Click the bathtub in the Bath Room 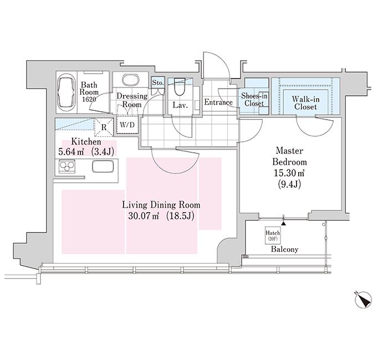[x=67, y=93]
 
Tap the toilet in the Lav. [x=180, y=86]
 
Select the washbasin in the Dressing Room [x=131, y=80]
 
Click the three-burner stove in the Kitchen [x=67, y=166]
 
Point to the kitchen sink [x=103, y=166]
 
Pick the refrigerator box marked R [x=104, y=127]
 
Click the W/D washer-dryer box [x=127, y=125]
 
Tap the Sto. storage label [x=158, y=83]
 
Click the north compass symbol [x=363, y=300]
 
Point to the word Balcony [x=284, y=249]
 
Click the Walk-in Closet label [x=305, y=103]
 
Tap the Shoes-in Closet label [x=254, y=99]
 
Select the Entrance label [x=218, y=102]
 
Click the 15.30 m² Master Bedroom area [x=289, y=173]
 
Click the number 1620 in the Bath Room [x=89, y=99]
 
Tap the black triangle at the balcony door [x=284, y=223]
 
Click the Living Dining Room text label [x=161, y=205]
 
